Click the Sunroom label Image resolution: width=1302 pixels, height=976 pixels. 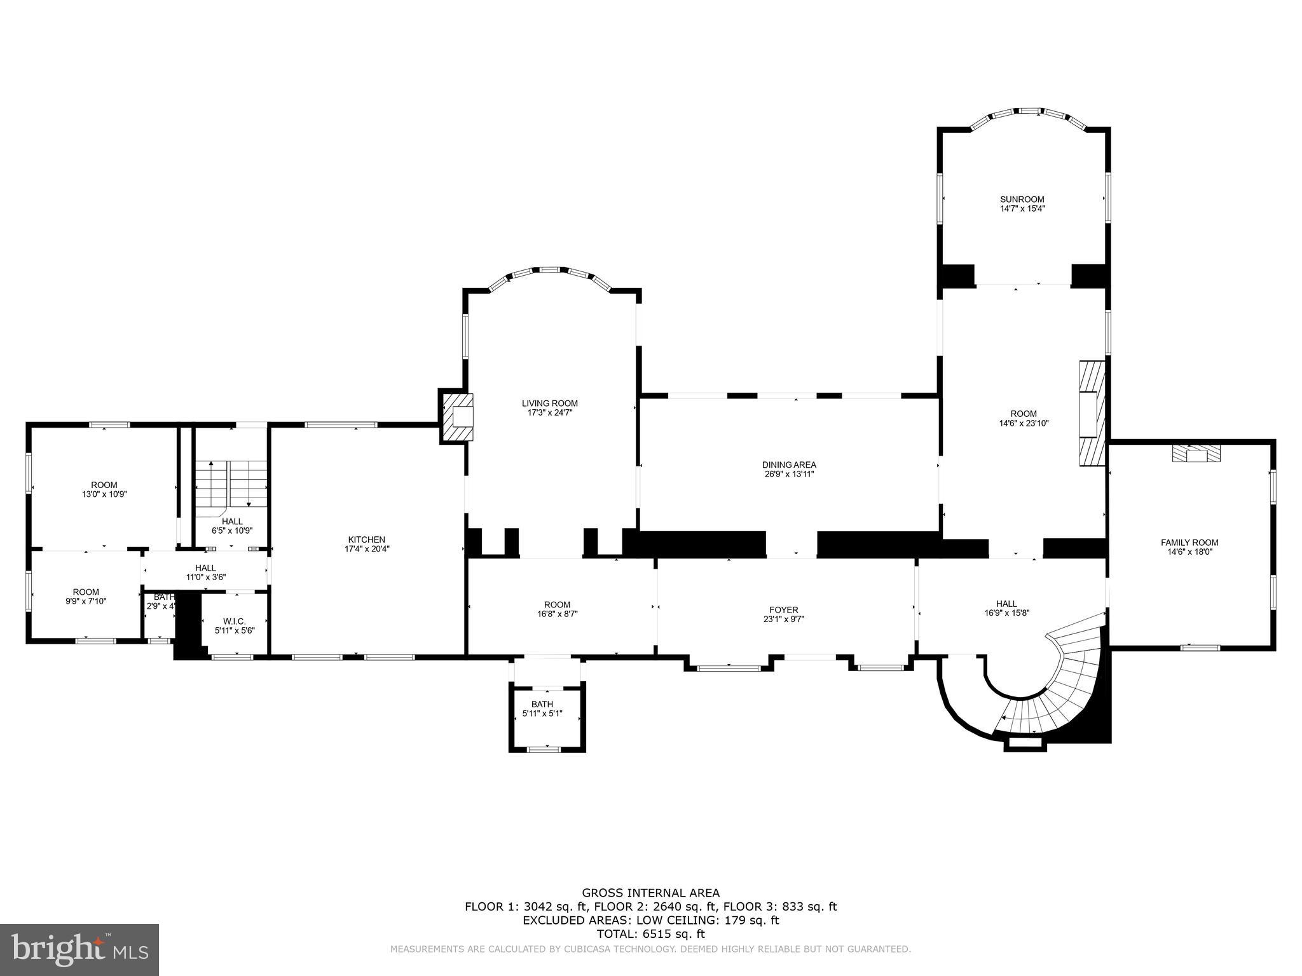point(1022,199)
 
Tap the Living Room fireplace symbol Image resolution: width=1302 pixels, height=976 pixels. point(457,417)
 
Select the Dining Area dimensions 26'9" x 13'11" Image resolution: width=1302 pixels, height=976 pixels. point(789,473)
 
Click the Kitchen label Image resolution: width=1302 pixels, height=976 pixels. point(366,539)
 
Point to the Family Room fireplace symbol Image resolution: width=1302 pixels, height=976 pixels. point(1196,454)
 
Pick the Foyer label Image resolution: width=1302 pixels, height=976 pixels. point(784,610)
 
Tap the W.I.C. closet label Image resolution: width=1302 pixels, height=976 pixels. point(234,621)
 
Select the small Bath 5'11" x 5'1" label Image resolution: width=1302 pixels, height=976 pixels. point(542,704)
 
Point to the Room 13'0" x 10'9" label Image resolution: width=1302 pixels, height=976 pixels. point(104,485)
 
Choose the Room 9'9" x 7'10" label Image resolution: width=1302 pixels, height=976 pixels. point(86,592)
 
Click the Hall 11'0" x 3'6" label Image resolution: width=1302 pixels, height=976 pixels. point(205,568)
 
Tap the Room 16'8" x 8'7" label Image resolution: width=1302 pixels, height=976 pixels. point(558,604)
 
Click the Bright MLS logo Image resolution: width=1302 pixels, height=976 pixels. point(79,949)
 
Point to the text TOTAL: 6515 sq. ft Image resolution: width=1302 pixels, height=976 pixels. point(650,934)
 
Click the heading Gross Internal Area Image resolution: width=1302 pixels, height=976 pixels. point(650,893)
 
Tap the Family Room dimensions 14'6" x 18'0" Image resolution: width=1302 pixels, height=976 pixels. point(1189,552)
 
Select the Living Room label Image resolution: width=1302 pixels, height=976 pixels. point(550,403)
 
